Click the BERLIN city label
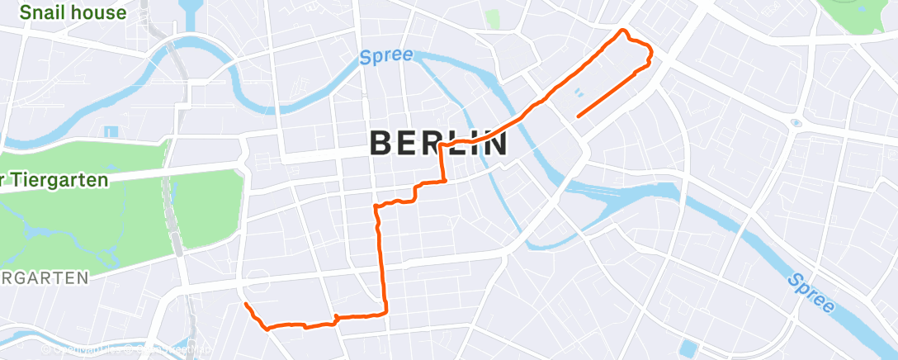pos(438,143)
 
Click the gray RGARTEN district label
pos(45,278)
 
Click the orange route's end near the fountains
pos(578,116)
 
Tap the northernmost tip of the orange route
pos(624,32)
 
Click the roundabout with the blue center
pos(795,123)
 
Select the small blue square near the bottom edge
pos(687,348)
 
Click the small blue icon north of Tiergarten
pos(111,130)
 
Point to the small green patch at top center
pos(494,19)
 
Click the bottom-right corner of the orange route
pos(385,311)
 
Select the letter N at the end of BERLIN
pos(494,143)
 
